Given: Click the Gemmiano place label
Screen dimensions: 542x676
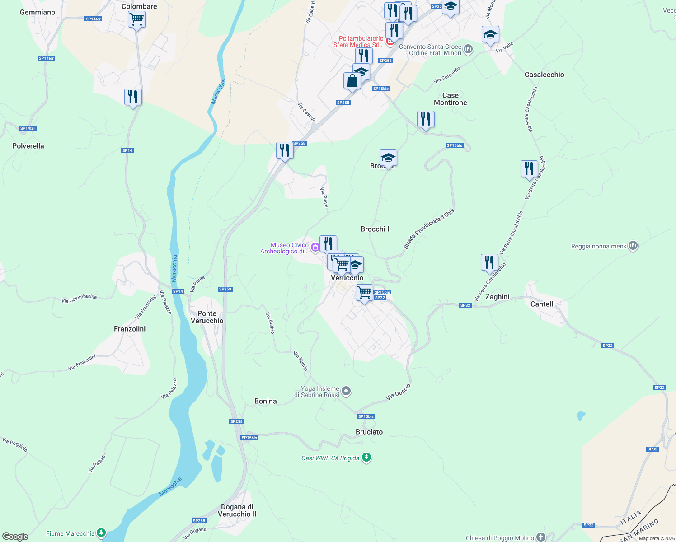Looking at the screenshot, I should tap(38, 12).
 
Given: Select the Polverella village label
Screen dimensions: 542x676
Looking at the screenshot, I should tap(28, 146).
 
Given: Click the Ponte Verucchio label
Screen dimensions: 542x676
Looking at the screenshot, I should tap(207, 317).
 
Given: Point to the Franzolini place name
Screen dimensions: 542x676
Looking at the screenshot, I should tap(130, 329).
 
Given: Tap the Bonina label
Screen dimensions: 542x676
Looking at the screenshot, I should tap(265, 401).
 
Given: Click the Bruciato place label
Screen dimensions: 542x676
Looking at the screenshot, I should tap(369, 432).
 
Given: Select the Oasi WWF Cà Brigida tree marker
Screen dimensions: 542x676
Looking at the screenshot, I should tap(366, 458).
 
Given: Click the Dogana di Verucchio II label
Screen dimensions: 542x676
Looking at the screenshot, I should tap(237, 510).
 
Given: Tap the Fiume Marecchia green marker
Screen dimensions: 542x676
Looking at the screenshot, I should tap(101, 533).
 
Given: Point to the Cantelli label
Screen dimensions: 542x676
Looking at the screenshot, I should tap(543, 304).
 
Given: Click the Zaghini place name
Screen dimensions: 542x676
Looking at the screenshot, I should tap(497, 297).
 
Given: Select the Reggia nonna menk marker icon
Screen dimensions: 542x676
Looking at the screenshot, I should tap(633, 246).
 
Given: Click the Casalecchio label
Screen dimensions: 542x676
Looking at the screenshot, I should tap(545, 75).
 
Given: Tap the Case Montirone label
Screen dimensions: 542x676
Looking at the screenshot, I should tap(451, 99).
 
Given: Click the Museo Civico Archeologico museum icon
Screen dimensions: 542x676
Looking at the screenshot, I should tap(315, 247).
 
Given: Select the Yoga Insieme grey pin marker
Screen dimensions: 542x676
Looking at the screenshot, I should tap(346, 391).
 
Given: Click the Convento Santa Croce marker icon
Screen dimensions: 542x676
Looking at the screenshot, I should tap(468, 49).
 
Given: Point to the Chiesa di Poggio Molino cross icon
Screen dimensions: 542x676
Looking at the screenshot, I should tap(541, 537).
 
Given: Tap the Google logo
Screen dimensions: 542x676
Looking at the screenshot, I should tap(15, 537).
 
